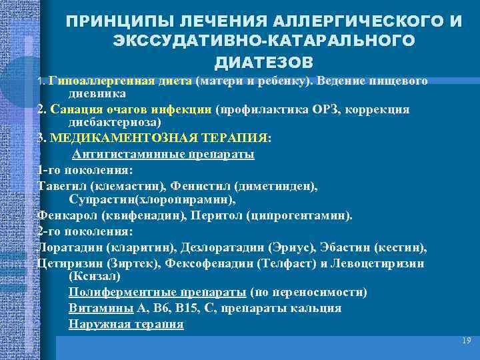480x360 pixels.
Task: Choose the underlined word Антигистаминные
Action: tap(121, 153)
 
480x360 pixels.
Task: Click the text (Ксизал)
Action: tap(95, 276)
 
